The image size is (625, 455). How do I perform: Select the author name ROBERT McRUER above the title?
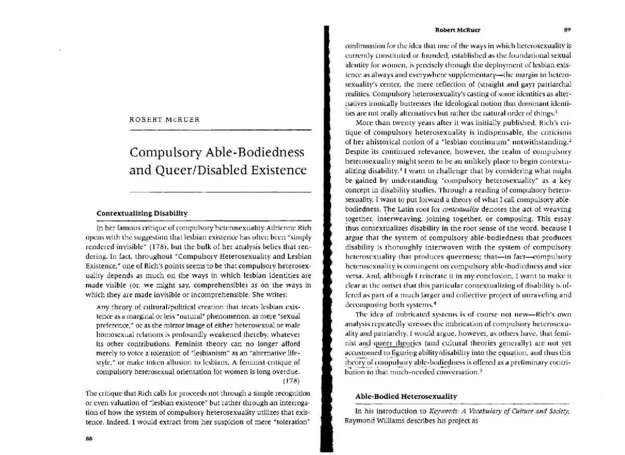pyautogui.click(x=161, y=119)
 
